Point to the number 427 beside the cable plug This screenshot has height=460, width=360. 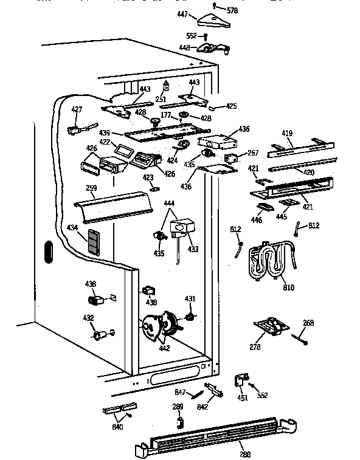coord(76,110)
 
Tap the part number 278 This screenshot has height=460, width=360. coord(255,347)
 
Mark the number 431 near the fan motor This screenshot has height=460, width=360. coord(190,298)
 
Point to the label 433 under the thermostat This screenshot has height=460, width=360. coord(193,249)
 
